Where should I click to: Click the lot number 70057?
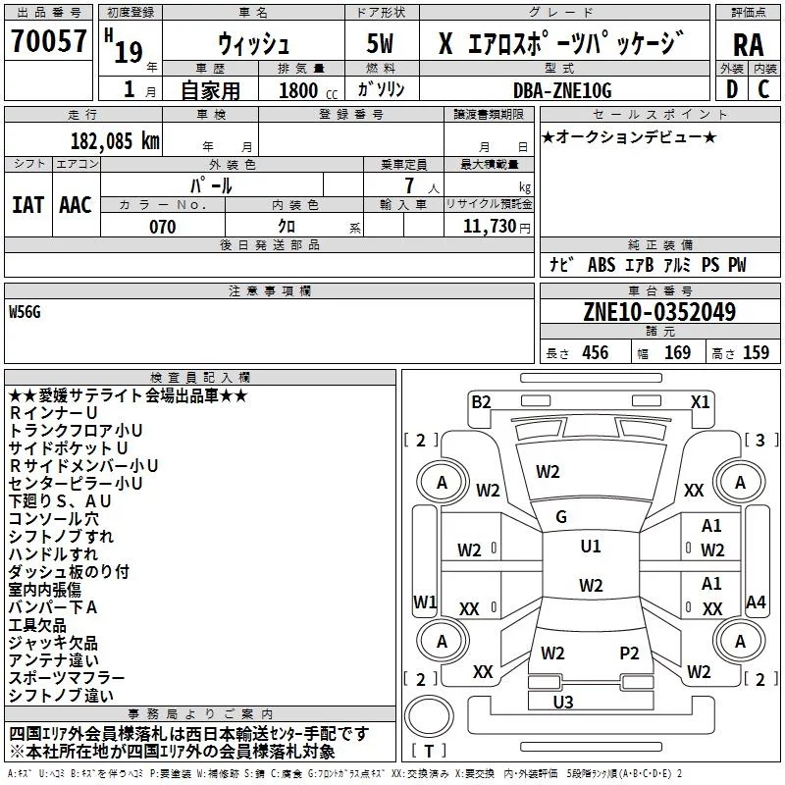click(48, 40)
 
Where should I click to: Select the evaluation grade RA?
click(748, 45)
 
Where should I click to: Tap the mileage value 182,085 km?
click(115, 141)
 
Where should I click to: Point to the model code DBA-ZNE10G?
click(562, 90)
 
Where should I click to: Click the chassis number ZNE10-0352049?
click(659, 312)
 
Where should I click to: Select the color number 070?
click(163, 227)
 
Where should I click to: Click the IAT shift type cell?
click(28, 205)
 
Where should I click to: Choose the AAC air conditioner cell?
click(76, 205)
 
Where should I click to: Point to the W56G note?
click(25, 312)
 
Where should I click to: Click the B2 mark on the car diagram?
click(481, 402)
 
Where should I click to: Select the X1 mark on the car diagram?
click(700, 402)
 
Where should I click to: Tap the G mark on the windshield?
click(561, 517)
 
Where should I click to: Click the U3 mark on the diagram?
click(563, 702)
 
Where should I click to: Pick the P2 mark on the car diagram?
click(629, 654)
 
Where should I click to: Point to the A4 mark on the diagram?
click(756, 602)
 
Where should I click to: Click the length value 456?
click(596, 352)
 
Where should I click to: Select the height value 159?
click(756, 352)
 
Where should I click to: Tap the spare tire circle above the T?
click(429, 717)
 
